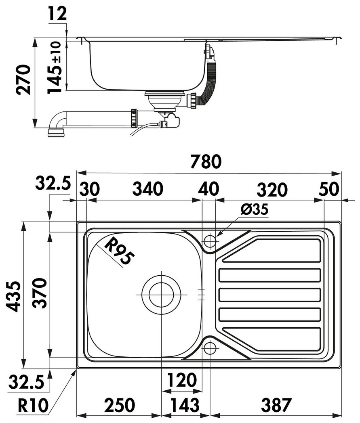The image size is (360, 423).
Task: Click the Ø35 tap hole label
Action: tap(254, 209)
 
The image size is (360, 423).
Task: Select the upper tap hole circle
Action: tap(210, 241)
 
